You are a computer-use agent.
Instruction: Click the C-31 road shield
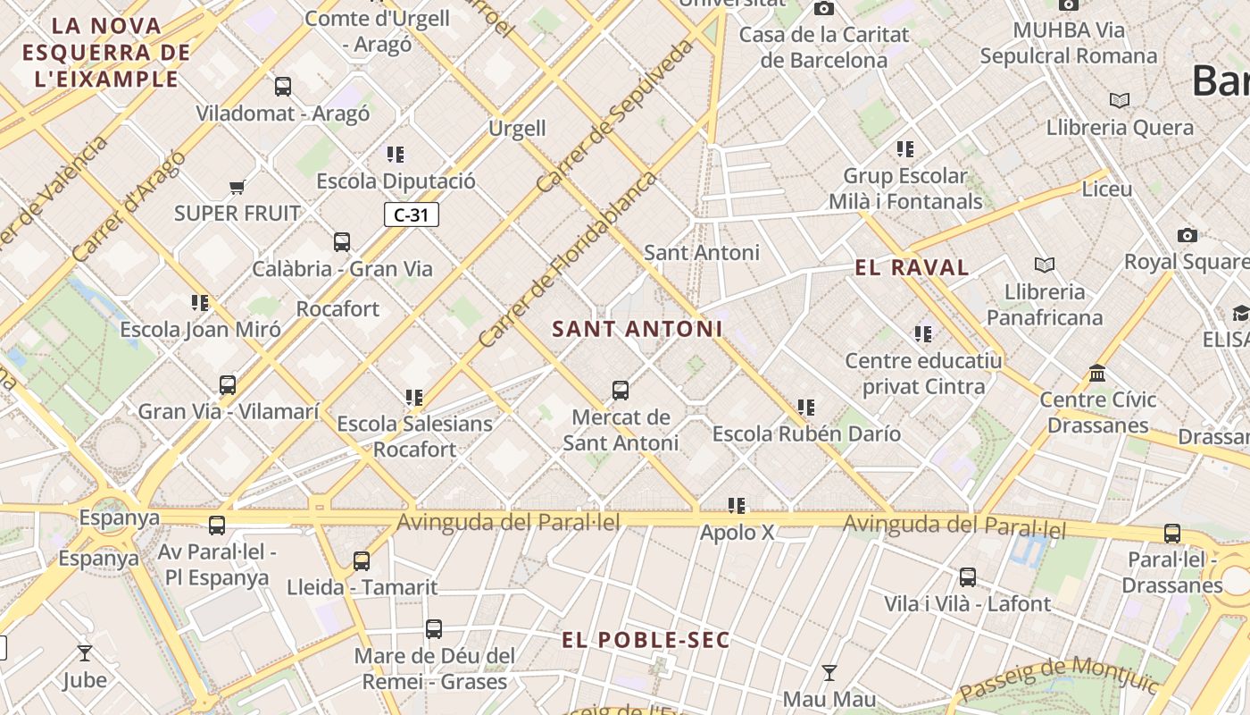tap(412, 214)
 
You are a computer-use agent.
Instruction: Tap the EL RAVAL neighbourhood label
tap(912, 267)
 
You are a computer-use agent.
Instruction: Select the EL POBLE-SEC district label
tap(646, 640)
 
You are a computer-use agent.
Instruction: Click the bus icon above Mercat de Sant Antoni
tap(621, 391)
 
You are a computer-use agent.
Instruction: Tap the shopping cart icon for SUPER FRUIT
tap(237, 187)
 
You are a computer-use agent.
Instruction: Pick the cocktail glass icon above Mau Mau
tap(829, 672)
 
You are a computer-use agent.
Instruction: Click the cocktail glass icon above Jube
tap(85, 653)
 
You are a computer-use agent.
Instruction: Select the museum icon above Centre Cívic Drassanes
tap(1097, 373)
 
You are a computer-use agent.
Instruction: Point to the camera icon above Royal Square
tap(1187, 235)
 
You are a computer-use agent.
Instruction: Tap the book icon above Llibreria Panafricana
tap(1044, 265)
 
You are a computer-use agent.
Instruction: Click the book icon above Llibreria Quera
tap(1119, 100)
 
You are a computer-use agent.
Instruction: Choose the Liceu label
tap(1107, 189)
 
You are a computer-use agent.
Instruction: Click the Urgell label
tap(517, 129)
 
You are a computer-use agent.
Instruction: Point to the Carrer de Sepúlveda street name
tap(615, 115)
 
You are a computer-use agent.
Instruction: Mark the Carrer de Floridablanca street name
tap(567, 259)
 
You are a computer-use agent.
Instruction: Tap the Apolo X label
tap(737, 533)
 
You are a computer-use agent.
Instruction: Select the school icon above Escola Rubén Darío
tap(806, 408)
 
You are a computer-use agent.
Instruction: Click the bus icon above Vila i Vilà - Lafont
tap(967, 577)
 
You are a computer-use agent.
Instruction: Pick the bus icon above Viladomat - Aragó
tap(283, 87)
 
